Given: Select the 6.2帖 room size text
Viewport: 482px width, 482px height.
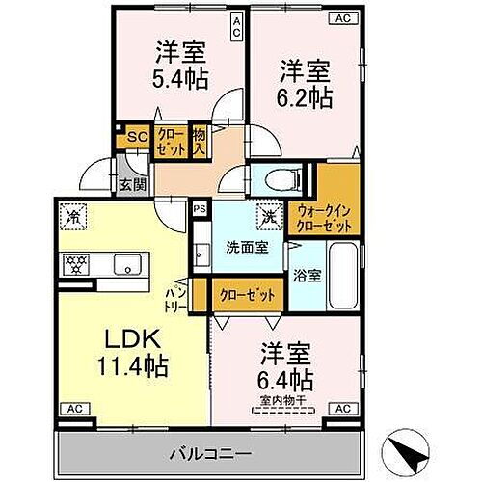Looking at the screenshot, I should pyautogui.click(x=307, y=96).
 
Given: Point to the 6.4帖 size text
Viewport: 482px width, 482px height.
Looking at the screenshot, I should pyautogui.click(x=286, y=377).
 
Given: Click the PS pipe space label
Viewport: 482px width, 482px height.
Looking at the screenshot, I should pyautogui.click(x=200, y=207).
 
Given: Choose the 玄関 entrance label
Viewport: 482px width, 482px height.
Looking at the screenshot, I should pyautogui.click(x=131, y=185).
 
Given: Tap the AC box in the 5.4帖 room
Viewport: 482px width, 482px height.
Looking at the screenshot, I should pyautogui.click(x=236, y=24).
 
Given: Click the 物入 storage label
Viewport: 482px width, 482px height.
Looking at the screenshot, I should pyautogui.click(x=201, y=142).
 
